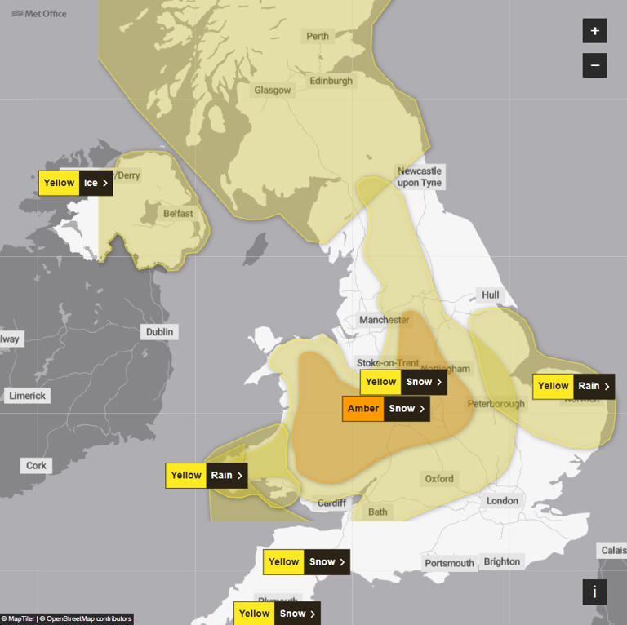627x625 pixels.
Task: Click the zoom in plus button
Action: point(594,31)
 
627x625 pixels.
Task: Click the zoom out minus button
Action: point(594,65)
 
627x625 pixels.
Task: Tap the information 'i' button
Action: point(594,592)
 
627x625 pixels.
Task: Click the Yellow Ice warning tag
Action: point(76,183)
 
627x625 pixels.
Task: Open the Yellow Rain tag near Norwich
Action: point(573,386)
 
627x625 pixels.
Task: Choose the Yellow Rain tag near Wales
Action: point(206,476)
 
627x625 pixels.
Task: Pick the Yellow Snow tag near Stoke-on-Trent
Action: point(403,382)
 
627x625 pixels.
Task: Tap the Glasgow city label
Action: point(272,91)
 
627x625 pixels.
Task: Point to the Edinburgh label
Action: point(331,81)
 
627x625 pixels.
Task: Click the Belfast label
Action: point(178,214)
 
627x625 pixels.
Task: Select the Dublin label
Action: point(159,332)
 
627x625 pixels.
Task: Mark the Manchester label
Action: point(384,320)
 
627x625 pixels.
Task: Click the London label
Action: point(502,501)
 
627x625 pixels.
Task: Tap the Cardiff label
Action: point(331,503)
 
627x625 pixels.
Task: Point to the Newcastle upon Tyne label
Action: point(419,176)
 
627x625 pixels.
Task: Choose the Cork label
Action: point(37,465)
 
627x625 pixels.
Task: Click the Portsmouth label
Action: point(449,563)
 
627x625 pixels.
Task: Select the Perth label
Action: point(318,36)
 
